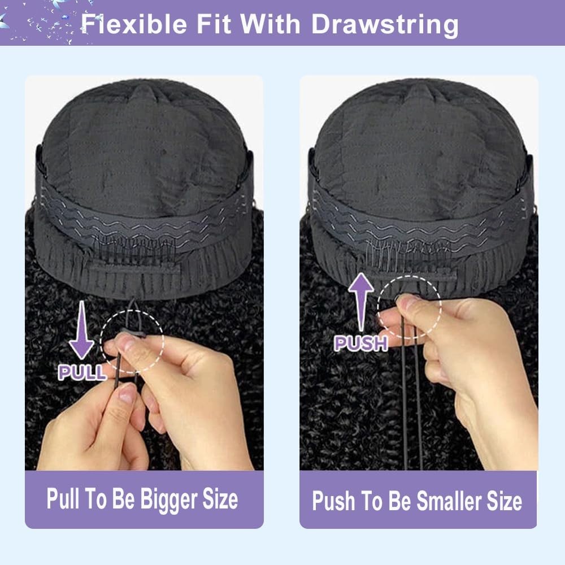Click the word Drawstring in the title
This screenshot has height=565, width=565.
(x=385, y=24)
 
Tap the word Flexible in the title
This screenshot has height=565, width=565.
(x=134, y=24)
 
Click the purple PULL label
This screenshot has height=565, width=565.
(x=82, y=372)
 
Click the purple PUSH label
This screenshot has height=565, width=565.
(x=360, y=343)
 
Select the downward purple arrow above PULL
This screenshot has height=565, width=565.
(x=82, y=330)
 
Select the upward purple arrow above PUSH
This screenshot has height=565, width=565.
(x=360, y=302)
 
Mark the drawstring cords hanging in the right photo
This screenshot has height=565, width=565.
(x=411, y=397)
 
